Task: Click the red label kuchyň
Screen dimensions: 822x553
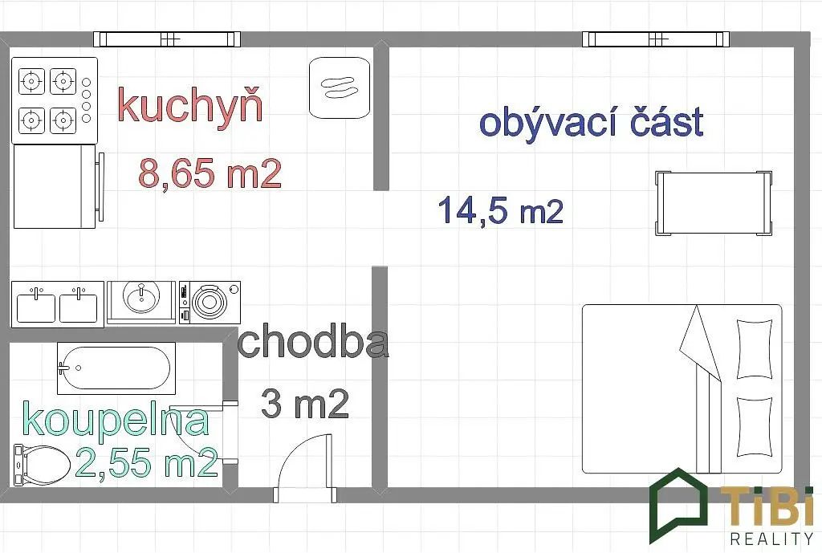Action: click(x=190, y=106)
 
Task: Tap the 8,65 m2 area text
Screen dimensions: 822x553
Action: click(x=210, y=173)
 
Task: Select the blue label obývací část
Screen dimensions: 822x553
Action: click(x=592, y=123)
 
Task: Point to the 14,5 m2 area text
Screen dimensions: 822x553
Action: click(x=501, y=209)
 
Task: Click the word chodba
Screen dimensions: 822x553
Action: click(x=314, y=342)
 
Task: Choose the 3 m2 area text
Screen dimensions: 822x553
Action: click(x=305, y=405)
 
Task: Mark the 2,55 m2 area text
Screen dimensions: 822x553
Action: click(x=147, y=462)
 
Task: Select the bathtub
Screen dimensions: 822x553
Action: click(x=116, y=368)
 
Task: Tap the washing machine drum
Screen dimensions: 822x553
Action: click(x=210, y=303)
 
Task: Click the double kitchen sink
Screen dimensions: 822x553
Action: click(x=58, y=304)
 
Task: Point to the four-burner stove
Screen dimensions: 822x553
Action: click(x=55, y=100)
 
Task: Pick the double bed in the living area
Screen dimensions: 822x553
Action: click(x=682, y=388)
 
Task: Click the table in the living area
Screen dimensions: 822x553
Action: click(x=714, y=203)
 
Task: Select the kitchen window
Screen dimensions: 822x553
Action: click(x=167, y=39)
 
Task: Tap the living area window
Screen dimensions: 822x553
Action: click(x=656, y=39)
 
